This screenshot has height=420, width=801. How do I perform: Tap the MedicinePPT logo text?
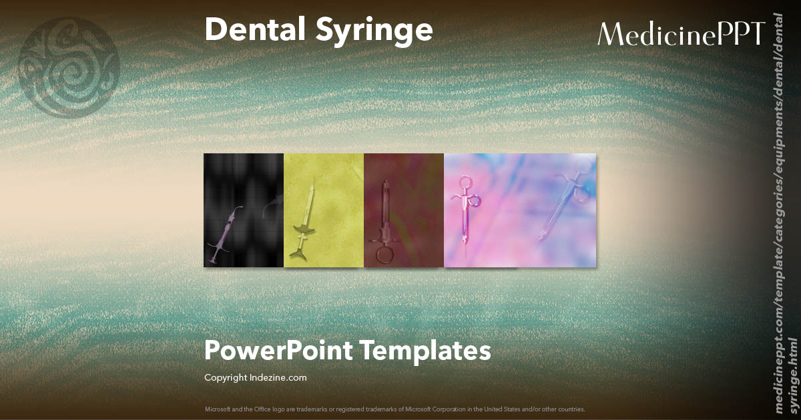coord(681,33)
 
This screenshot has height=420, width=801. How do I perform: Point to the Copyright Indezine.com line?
coord(256,377)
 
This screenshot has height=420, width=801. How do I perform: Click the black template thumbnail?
coord(244,210)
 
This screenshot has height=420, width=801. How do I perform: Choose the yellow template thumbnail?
coord(324,210)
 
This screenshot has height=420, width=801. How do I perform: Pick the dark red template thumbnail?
coord(404,210)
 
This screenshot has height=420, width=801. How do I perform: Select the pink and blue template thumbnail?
coord(520,210)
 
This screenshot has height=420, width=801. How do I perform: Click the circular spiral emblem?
coord(69,69)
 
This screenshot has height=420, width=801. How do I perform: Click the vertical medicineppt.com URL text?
coord(784,220)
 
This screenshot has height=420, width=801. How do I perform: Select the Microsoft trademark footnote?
coord(395,409)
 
